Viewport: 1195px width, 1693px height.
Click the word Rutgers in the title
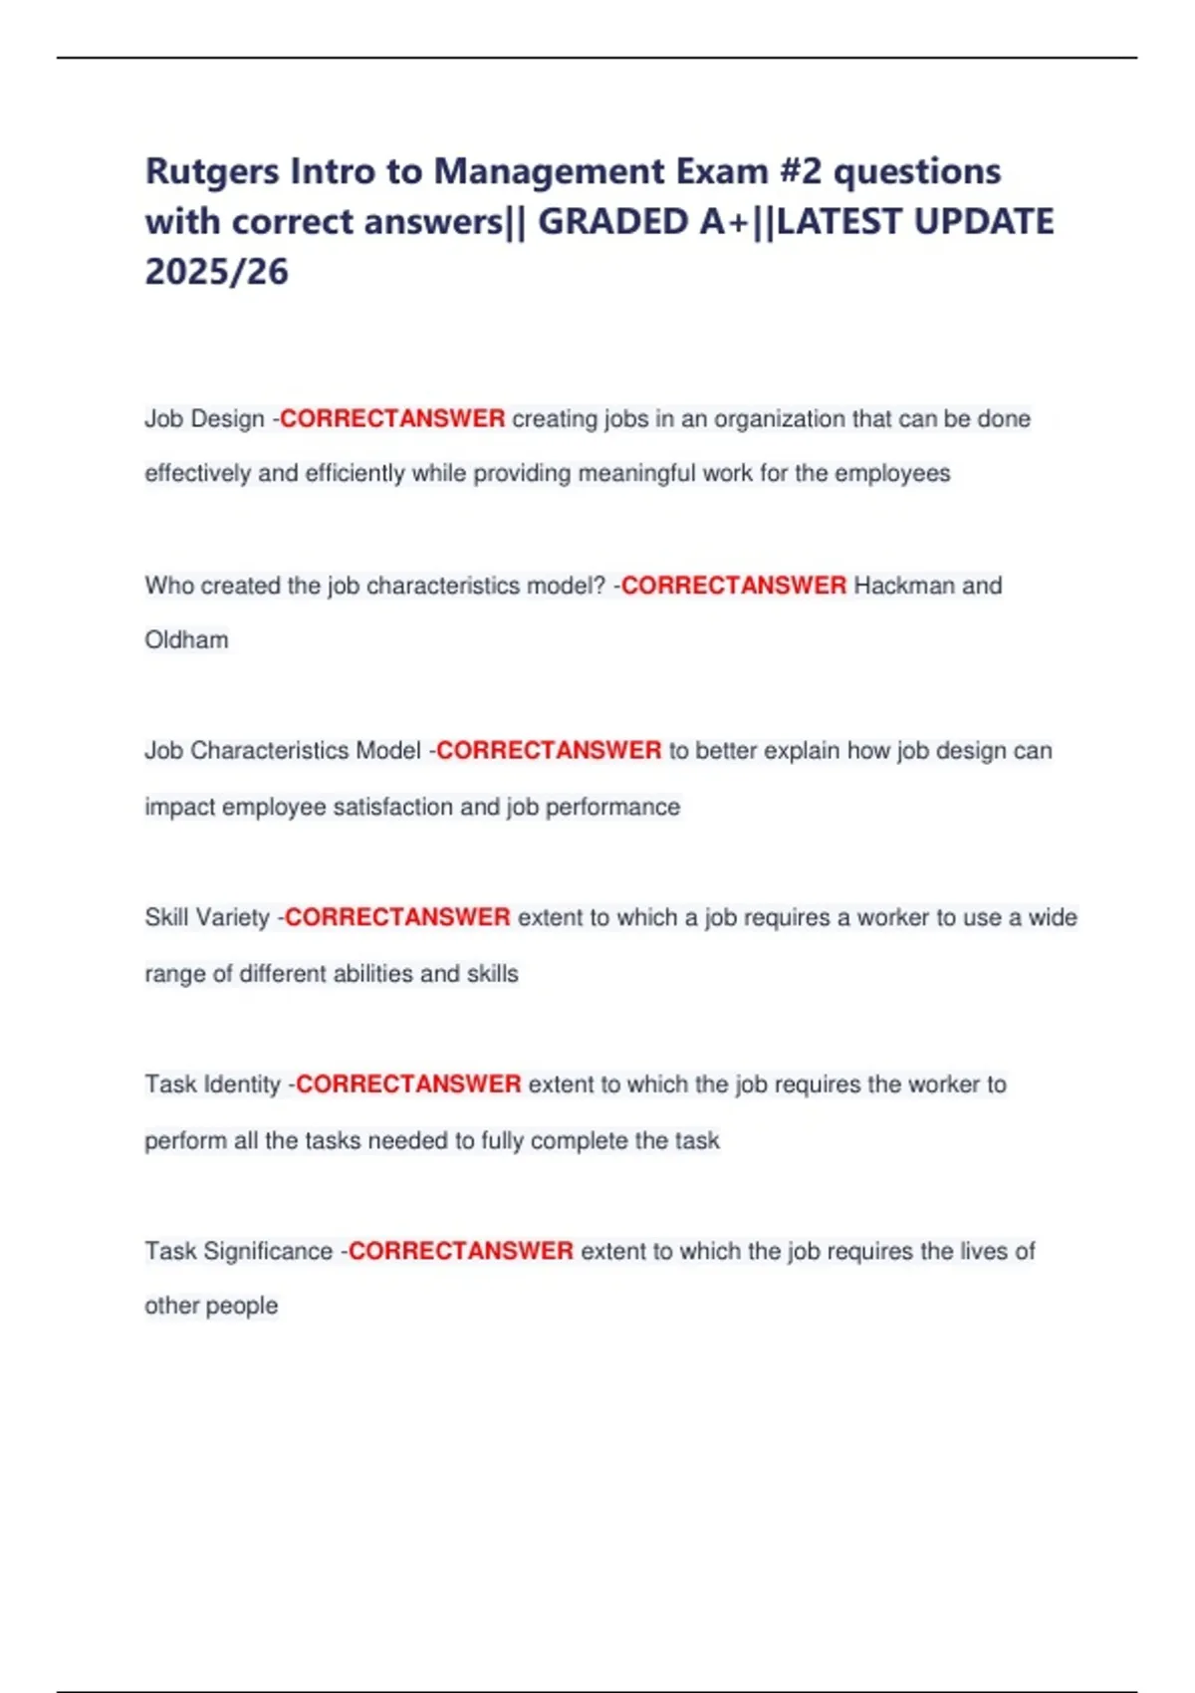[212, 172]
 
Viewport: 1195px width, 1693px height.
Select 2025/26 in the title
[216, 272]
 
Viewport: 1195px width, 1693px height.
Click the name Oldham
[186, 640]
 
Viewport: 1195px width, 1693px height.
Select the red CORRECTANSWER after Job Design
[392, 419]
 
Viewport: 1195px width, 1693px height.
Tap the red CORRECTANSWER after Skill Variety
[397, 917]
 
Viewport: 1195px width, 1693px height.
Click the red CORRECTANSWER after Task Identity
[408, 1085]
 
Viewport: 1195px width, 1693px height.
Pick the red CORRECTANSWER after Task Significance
[460, 1251]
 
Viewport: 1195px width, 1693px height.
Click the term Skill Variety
[207, 917]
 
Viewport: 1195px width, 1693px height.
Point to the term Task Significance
[238, 1251]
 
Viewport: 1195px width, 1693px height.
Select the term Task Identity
[212, 1085]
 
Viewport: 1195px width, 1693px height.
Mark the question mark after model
[599, 586]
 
